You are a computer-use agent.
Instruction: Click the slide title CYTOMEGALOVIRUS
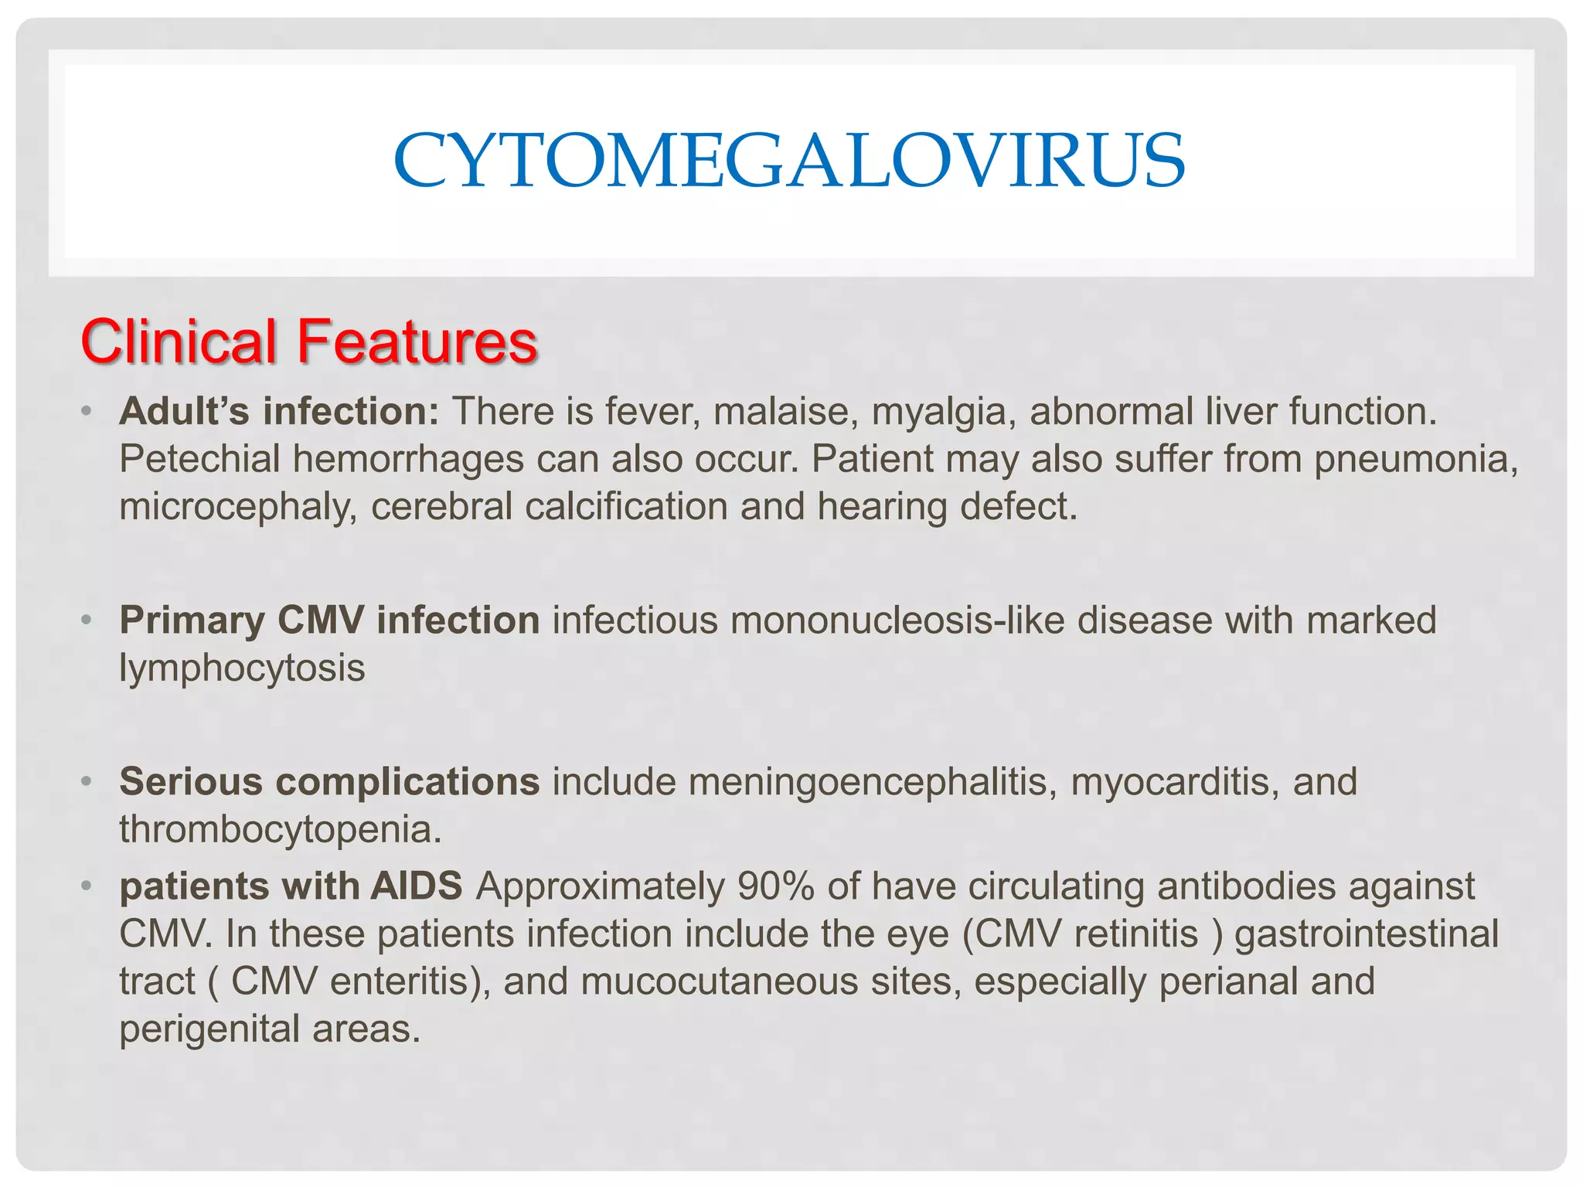(x=789, y=162)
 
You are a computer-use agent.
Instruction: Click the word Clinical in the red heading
(x=179, y=342)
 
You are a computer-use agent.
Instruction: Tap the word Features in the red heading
(x=417, y=342)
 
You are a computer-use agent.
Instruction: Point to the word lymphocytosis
(x=242, y=668)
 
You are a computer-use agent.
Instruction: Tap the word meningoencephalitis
(x=873, y=782)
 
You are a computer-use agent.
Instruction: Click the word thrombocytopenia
(x=280, y=830)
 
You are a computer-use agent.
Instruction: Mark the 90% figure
(x=775, y=886)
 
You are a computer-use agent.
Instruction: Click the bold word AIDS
(x=417, y=886)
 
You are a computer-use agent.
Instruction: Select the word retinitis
(x=1136, y=934)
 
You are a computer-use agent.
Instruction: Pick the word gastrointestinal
(x=1367, y=934)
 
